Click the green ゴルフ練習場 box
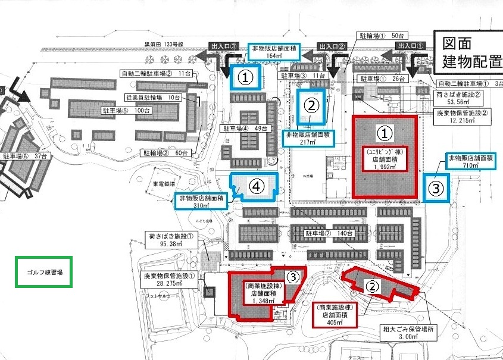point(44,271)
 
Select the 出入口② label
point(332,46)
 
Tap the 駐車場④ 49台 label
point(247,129)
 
